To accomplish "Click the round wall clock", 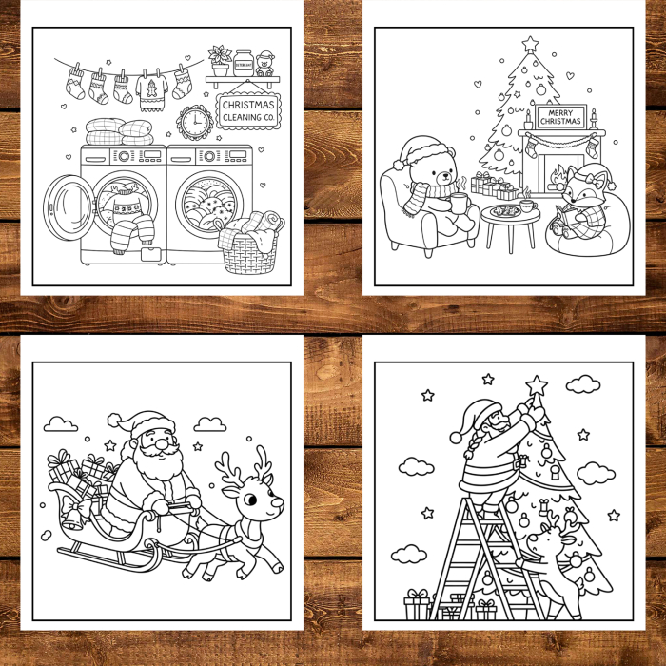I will coord(194,123).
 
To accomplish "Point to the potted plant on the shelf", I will coord(221,61).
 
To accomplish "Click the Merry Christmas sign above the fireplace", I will coord(559,117).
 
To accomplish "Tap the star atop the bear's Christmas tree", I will coord(530,44).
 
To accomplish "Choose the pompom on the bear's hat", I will coord(399,165).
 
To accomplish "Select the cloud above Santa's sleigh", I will coord(61,423).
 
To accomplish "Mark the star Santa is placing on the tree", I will coord(537,385).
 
